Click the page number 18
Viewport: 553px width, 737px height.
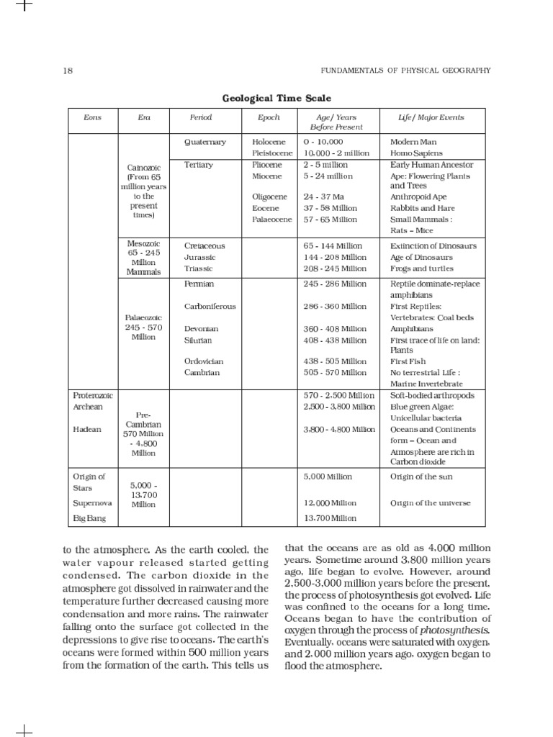tap(68, 71)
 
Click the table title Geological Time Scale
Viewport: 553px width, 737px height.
tap(276, 98)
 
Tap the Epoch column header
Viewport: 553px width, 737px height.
tap(269, 117)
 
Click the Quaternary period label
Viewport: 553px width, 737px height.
tap(205, 142)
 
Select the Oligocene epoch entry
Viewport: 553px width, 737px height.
tap(270, 196)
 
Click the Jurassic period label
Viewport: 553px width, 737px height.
tap(200, 257)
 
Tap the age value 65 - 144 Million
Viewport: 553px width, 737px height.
tap(335, 245)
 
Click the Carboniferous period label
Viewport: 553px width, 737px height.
tap(210, 306)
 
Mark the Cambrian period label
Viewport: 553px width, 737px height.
tap(202, 372)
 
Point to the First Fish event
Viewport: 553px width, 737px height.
tap(408, 361)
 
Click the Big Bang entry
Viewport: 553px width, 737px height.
tap(89, 517)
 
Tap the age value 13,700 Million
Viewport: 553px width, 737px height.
tap(330, 517)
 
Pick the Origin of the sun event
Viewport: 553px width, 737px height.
tap(421, 476)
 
